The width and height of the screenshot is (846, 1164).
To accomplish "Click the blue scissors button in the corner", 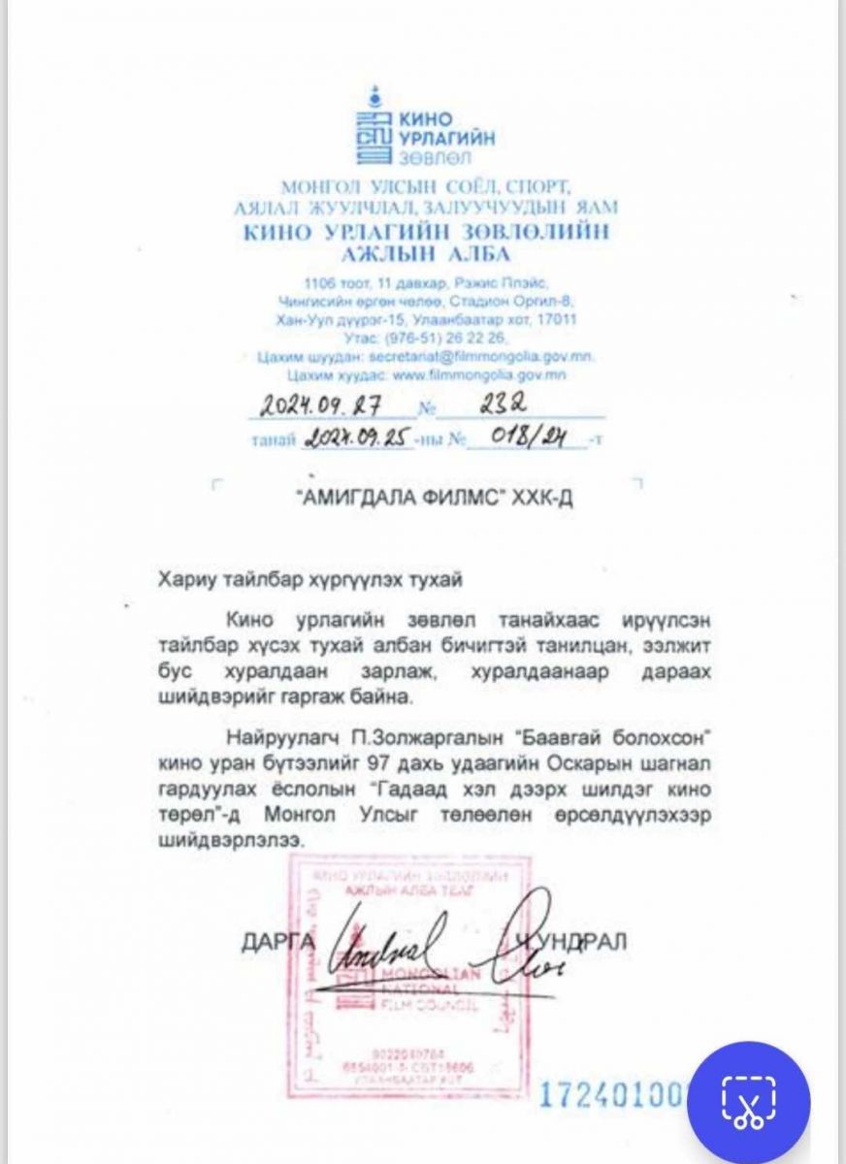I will (x=748, y=1103).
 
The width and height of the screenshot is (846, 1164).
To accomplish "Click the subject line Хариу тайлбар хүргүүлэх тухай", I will (x=311, y=580).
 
